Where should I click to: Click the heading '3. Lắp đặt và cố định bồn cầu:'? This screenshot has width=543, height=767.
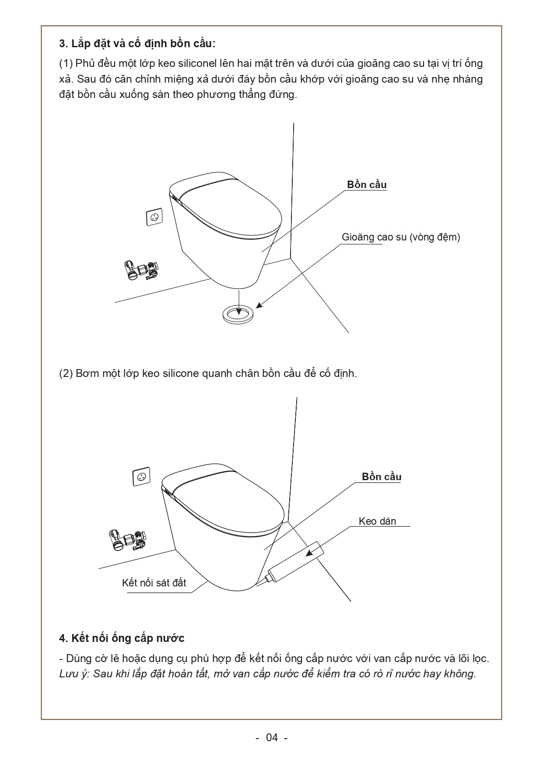(137, 44)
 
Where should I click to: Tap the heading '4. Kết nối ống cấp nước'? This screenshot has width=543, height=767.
(122, 638)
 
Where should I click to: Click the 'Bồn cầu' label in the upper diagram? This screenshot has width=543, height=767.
(367, 185)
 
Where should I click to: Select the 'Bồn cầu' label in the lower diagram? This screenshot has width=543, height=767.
(382, 477)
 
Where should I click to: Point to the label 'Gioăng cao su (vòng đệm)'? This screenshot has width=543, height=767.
(401, 237)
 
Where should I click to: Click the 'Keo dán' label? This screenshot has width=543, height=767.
(377, 521)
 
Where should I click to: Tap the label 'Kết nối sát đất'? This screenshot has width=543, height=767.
(154, 582)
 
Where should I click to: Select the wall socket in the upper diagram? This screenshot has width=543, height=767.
(154, 217)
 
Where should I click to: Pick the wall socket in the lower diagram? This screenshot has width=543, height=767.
(141, 477)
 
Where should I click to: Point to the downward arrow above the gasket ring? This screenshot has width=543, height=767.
(238, 302)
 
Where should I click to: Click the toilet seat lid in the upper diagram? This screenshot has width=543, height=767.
(230, 209)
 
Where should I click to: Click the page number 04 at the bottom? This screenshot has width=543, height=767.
(272, 738)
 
